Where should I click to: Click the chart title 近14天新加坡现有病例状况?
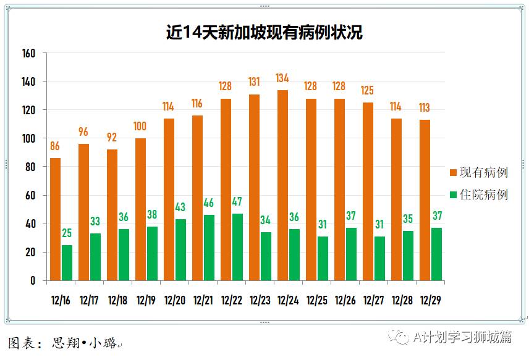click(x=264, y=32)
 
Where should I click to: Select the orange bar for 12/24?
click(x=282, y=185)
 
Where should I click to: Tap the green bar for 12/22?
click(x=237, y=247)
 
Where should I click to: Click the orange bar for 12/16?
click(x=56, y=219)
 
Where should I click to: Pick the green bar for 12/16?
click(x=67, y=262)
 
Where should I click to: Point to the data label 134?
click(x=282, y=78)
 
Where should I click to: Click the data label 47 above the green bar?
click(x=237, y=201)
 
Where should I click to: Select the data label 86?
click(x=56, y=146)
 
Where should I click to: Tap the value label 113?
click(x=425, y=107)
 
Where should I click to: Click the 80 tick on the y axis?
click(x=30, y=167)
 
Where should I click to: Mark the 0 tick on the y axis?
click(x=33, y=280)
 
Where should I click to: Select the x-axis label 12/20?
click(x=175, y=301)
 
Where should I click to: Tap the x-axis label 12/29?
click(x=430, y=301)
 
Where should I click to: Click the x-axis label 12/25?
click(x=316, y=301)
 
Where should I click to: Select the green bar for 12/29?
click(x=436, y=254)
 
